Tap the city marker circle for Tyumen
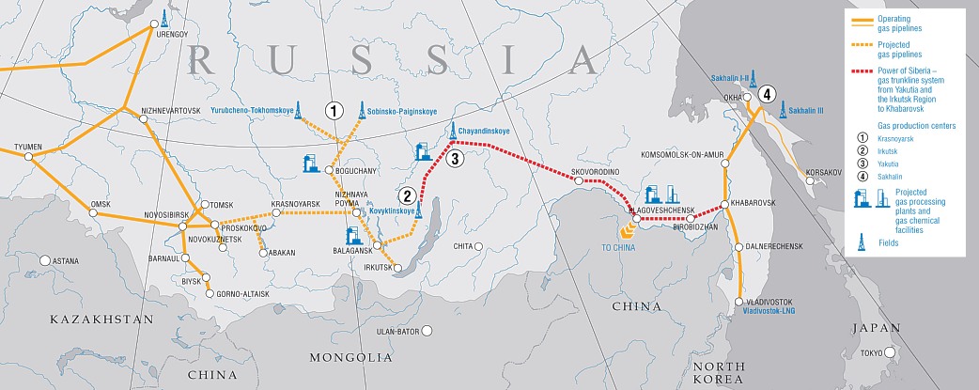click(x=29, y=156)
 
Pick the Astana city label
click(x=65, y=260)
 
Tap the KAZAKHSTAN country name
click(x=75, y=320)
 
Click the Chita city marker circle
click(x=479, y=246)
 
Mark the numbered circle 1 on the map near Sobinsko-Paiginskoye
click(x=333, y=110)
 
